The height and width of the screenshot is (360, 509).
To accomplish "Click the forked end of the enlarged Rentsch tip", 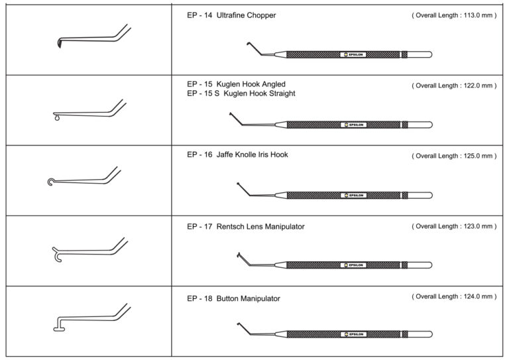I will [x=56, y=253].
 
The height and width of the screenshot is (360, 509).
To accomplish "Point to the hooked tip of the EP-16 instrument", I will [x=238, y=183].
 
